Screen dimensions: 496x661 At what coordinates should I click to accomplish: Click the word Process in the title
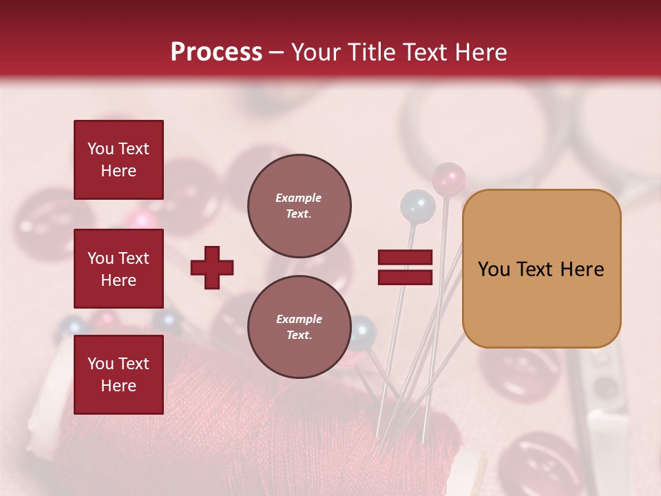point(216,52)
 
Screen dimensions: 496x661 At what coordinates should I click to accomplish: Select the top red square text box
point(118,160)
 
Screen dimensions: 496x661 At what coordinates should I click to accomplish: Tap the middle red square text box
point(118,269)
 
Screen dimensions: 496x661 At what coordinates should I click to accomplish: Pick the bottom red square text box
point(118,374)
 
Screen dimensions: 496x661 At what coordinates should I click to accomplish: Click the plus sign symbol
point(212,267)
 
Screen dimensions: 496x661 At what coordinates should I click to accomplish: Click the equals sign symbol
point(405,267)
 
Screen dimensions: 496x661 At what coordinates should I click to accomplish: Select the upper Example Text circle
point(299,206)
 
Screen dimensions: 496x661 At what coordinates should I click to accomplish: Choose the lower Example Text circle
point(299,327)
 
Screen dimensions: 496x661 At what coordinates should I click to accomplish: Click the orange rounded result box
point(541,269)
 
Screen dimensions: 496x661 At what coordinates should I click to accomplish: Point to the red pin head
point(448,178)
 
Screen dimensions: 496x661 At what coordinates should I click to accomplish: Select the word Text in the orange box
point(539,269)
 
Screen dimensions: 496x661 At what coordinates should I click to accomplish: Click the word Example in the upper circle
point(299,198)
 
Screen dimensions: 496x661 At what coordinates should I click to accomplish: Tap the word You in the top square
point(101,149)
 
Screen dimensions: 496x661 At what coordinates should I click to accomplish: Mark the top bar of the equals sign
point(405,258)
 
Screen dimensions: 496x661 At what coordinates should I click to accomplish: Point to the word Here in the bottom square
point(118,386)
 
